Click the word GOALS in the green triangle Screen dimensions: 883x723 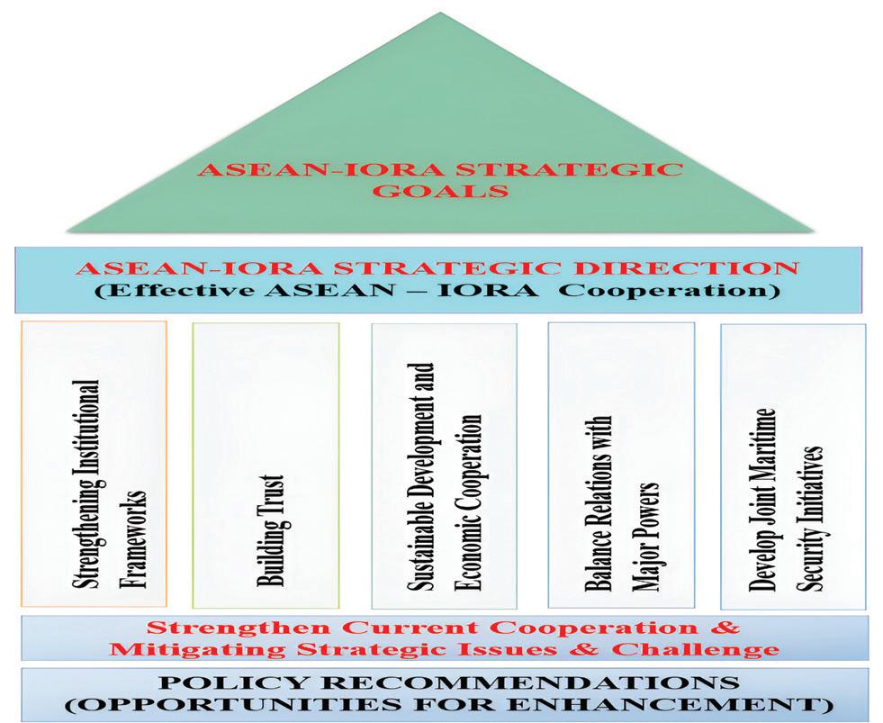point(441,192)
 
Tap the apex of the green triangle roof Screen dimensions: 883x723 point(441,13)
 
